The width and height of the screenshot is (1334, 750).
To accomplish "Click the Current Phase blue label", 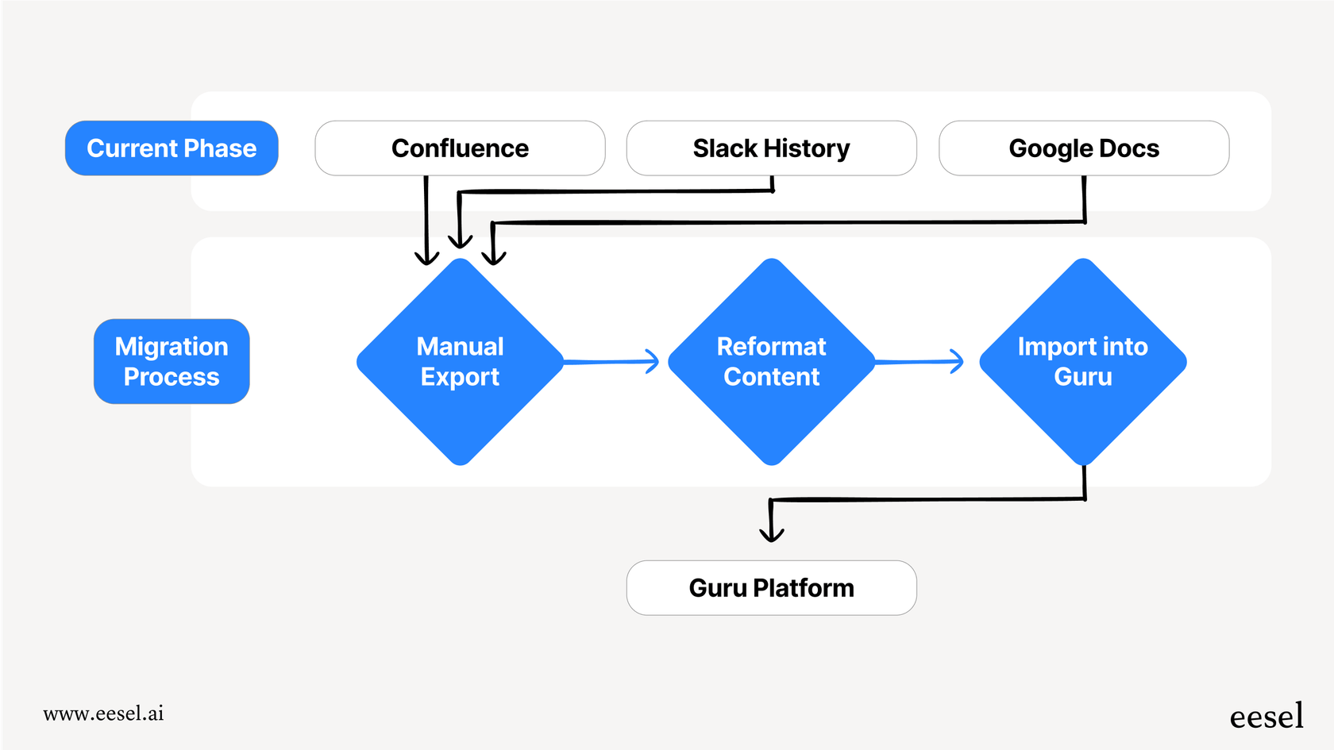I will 172,148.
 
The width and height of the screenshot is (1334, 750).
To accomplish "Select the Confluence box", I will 460,148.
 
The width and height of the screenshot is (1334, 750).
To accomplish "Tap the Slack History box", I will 771,148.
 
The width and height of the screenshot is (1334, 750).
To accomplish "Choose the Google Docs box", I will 1084,148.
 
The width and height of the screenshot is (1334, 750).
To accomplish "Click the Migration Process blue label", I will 172,361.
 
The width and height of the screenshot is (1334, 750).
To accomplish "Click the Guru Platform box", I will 771,588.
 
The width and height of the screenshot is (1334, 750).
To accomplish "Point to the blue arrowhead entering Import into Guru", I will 958,361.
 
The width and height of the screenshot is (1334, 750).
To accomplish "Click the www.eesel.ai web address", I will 103,713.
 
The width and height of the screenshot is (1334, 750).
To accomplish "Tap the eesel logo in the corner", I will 1267,717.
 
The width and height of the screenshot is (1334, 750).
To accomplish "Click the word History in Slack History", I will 806,148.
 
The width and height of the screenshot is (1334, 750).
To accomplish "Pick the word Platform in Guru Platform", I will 803,588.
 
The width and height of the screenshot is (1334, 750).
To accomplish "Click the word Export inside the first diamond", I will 460,377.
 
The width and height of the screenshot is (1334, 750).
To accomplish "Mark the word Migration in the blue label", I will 172,347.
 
